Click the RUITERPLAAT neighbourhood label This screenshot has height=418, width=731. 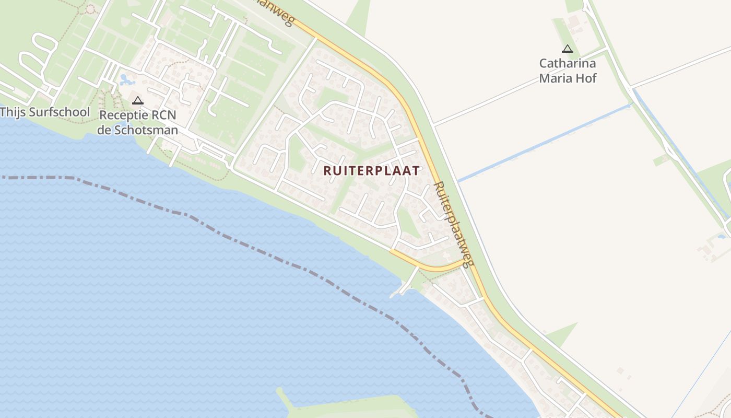coord(371,171)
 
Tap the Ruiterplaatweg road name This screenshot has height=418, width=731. coord(453,224)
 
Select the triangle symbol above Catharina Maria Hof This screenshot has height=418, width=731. coord(567,49)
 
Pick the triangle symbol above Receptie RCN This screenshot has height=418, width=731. coord(138,101)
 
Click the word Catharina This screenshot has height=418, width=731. coord(567,64)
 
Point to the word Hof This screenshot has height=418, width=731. coord(586,78)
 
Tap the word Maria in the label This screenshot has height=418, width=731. coord(557,78)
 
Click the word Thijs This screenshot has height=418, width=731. coord(11,112)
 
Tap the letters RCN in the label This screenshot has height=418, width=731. coord(162,115)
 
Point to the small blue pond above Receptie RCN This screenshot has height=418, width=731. coord(126,80)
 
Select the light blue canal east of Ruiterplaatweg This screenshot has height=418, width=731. coord(543,143)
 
